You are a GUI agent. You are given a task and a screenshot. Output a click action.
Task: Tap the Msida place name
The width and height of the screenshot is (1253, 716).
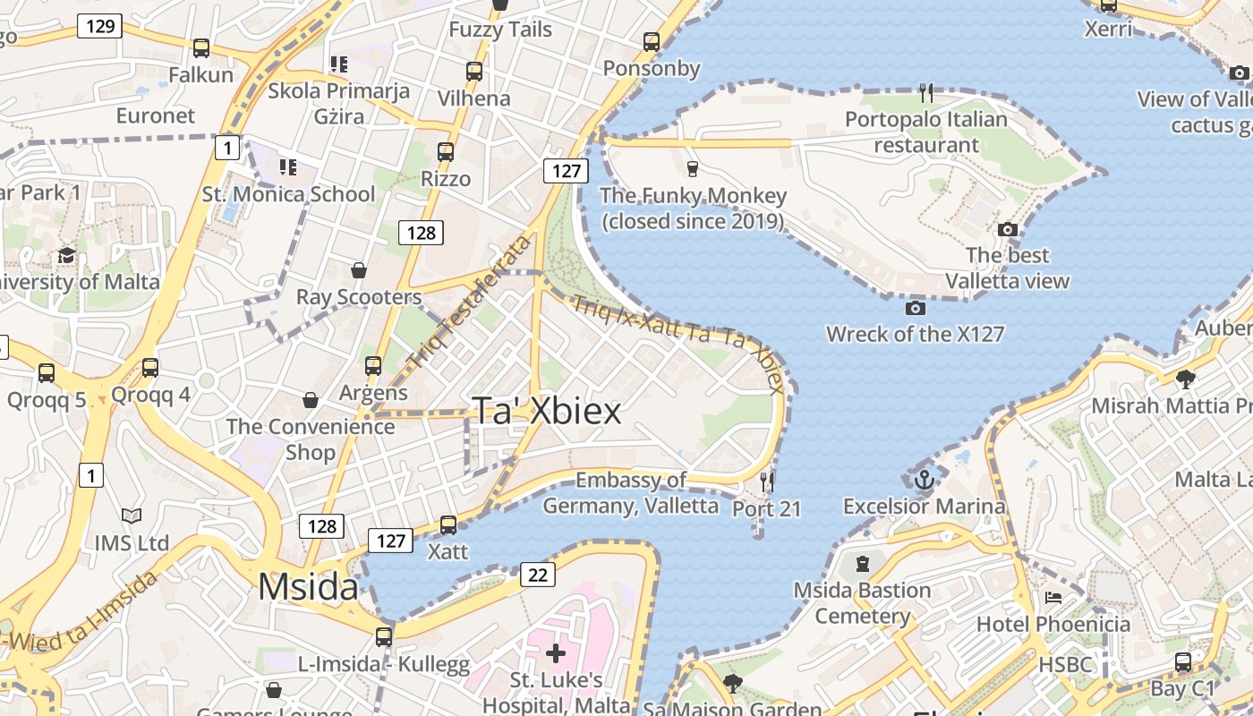pos(308,587)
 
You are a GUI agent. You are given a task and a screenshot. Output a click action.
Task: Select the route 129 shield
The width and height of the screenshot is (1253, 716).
pos(99,26)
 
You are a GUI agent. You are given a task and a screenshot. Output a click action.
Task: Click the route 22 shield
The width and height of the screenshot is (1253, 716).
pos(536,575)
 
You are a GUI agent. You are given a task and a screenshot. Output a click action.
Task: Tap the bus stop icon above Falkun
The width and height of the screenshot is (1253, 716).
pos(201,48)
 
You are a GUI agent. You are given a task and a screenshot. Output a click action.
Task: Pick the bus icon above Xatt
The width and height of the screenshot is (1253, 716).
pos(448,525)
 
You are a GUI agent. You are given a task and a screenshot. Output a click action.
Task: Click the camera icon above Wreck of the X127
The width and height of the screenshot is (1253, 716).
pos(915,309)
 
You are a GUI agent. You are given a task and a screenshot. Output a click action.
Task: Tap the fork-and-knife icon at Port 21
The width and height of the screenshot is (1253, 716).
pos(767,482)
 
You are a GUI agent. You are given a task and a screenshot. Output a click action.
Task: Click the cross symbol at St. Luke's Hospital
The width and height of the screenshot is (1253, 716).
pos(556,652)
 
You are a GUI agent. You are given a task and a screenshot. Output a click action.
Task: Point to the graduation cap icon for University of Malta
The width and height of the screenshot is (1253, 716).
pos(66,256)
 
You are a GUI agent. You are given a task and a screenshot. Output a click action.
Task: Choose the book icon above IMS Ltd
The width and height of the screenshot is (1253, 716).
pos(132,516)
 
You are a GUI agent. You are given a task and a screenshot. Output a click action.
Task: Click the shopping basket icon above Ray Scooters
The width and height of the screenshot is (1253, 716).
pos(359,270)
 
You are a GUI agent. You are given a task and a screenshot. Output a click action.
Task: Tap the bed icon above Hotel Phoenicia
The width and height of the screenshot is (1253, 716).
pos(1053,598)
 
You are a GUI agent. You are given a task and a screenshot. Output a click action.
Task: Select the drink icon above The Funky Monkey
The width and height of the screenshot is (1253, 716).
pos(692,168)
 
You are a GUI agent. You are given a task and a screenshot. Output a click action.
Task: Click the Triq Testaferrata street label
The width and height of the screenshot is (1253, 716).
pos(469,302)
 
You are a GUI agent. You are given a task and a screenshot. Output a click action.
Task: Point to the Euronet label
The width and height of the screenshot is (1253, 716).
pos(156,115)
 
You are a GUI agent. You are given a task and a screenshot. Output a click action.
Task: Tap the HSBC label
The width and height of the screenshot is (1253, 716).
pos(1065,665)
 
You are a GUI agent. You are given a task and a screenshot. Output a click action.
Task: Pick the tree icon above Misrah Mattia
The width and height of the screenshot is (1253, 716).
pos(1186,379)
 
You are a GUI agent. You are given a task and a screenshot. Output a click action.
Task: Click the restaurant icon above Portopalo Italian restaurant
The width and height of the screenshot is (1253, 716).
pos(926,93)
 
